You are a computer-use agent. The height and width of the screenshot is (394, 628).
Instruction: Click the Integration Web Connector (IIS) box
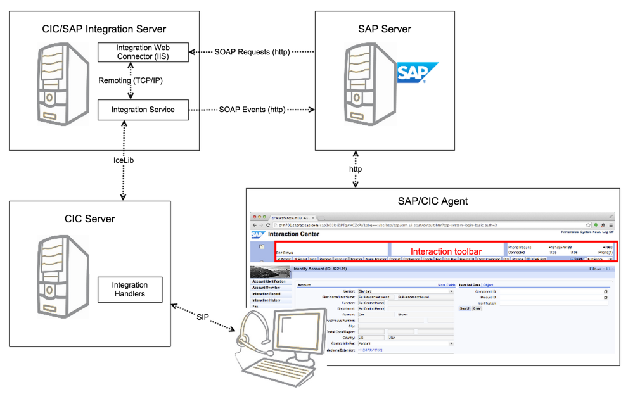point(143,52)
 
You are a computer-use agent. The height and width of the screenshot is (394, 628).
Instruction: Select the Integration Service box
point(143,110)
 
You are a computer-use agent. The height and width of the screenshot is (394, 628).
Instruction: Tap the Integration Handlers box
point(129,289)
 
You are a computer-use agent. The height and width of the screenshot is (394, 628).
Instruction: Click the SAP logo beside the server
point(417,73)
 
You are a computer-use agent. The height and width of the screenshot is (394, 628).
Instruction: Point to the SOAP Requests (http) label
point(252,52)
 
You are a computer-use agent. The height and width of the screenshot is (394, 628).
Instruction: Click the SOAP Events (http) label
point(252,110)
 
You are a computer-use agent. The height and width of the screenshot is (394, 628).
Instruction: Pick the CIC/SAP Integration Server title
point(103,29)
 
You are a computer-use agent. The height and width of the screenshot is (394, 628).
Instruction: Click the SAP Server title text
point(384,29)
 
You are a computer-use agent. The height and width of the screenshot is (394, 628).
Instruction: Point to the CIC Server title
point(90,219)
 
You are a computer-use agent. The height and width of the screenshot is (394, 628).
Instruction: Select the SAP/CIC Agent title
point(433,201)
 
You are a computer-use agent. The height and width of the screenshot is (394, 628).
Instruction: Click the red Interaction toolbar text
point(445,251)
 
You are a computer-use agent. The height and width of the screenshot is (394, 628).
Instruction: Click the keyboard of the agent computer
point(266,371)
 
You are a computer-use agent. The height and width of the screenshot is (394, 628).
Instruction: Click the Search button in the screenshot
point(465,308)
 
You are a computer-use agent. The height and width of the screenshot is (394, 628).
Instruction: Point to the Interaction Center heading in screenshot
point(293,234)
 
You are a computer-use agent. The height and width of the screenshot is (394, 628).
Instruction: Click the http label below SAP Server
point(356,169)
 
